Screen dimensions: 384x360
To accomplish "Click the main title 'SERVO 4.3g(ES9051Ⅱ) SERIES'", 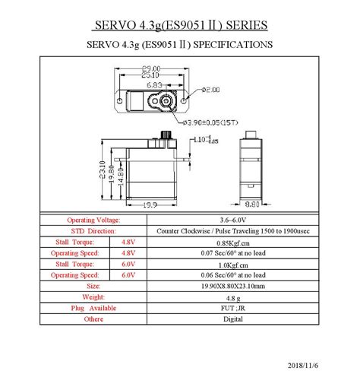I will (179, 25).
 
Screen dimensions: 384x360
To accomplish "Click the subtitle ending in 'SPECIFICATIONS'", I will (179, 45).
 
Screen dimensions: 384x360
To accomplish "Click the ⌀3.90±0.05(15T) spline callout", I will (209, 121).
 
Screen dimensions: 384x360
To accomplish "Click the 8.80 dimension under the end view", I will (253, 205).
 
